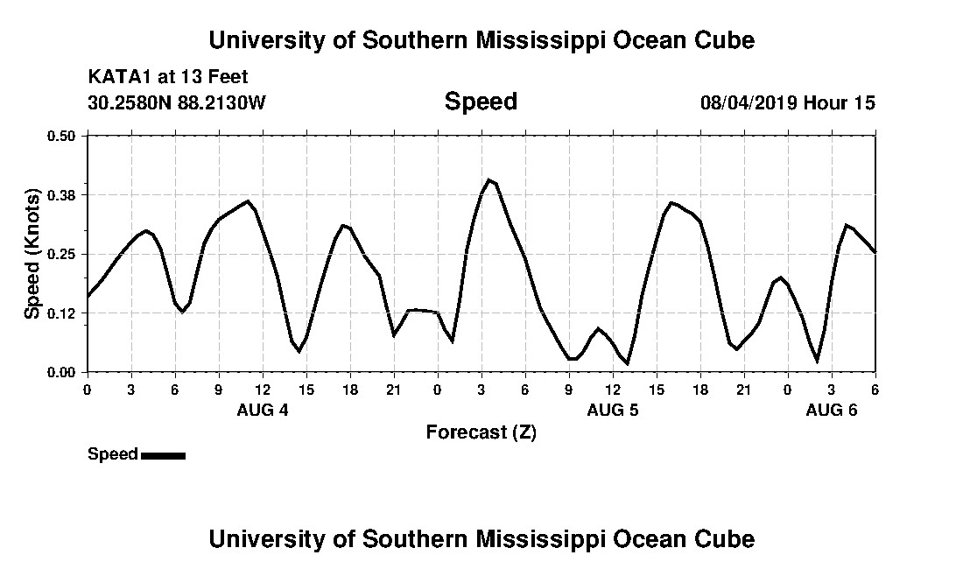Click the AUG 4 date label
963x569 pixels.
[x=263, y=411]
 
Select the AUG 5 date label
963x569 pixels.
[x=613, y=411]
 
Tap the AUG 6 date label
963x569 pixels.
[x=832, y=411]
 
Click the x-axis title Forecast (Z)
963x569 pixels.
[x=481, y=432]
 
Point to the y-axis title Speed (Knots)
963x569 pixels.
[x=32, y=254]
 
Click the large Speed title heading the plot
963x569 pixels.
[x=481, y=102]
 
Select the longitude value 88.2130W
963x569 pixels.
[x=221, y=102]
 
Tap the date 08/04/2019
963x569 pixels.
[x=748, y=102]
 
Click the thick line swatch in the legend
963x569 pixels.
[x=163, y=455]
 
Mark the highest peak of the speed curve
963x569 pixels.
[x=489, y=179]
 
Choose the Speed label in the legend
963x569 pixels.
[x=113, y=454]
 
